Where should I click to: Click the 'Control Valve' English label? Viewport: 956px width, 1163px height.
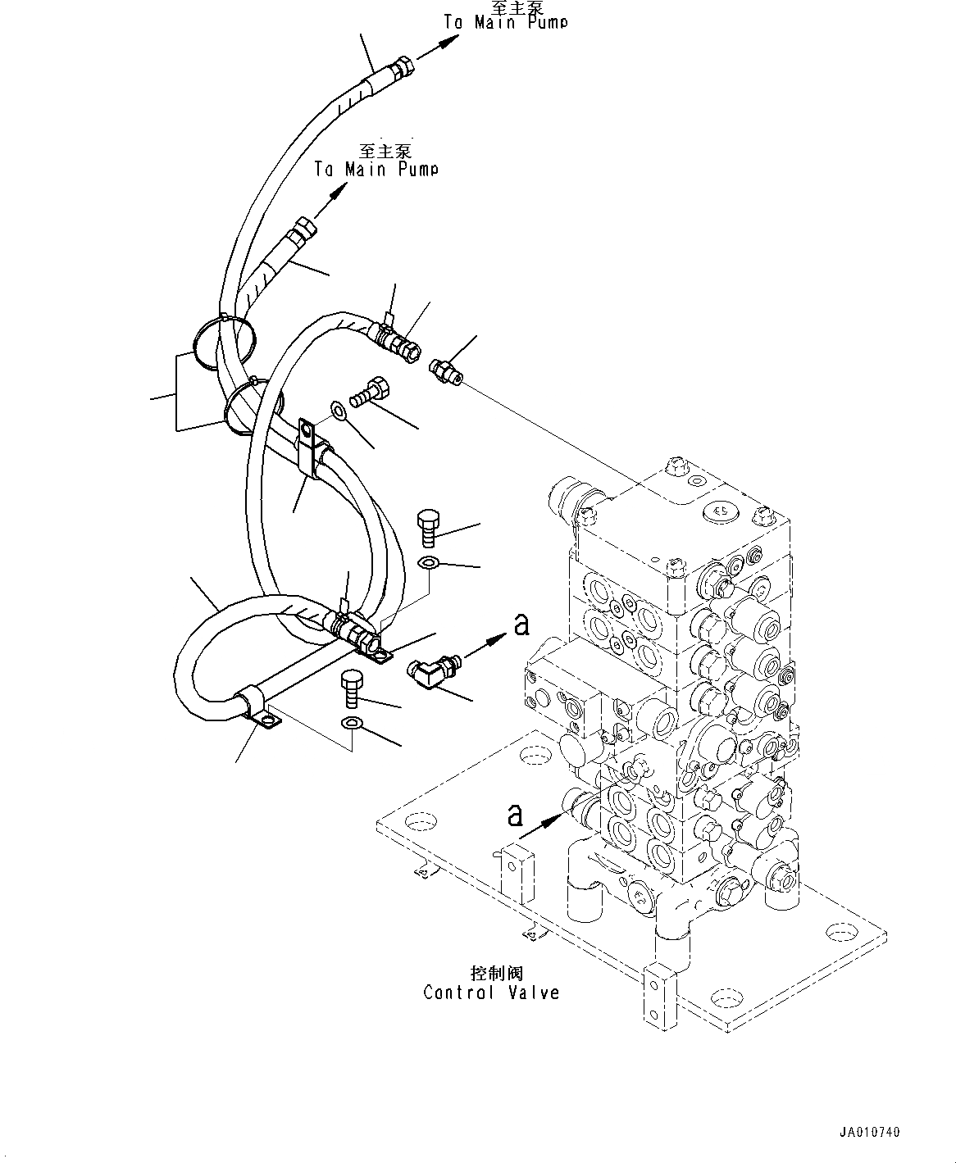pos(491,993)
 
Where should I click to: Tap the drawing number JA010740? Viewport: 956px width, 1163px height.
pos(868,1132)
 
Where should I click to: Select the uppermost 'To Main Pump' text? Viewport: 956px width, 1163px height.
pos(505,22)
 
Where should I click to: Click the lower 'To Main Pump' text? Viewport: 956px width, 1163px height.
pos(376,169)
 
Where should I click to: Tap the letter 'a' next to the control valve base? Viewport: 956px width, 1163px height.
pos(514,815)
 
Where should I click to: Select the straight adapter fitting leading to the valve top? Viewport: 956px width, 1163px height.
pos(446,369)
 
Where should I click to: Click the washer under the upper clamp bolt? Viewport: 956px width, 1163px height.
pos(338,408)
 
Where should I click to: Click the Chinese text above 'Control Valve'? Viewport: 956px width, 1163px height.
pos(497,974)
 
